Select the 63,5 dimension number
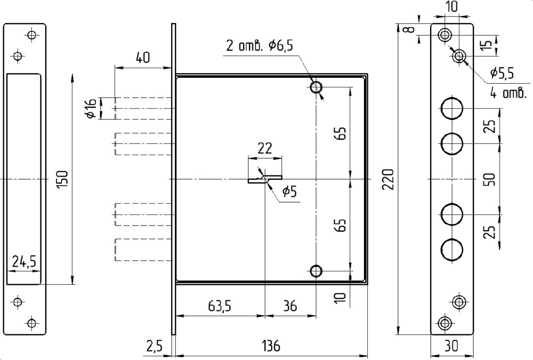pos(219,307)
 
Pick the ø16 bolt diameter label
pos(90,108)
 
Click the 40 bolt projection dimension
pos(142,58)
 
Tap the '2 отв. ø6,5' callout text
pos(260,46)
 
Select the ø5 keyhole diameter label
pos(289,191)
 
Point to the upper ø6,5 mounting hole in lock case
pos(317,87)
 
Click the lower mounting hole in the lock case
pos(317,271)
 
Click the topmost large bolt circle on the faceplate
pos(452,109)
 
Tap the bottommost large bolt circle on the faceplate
pos(452,249)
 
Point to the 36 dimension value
pos(290,307)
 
